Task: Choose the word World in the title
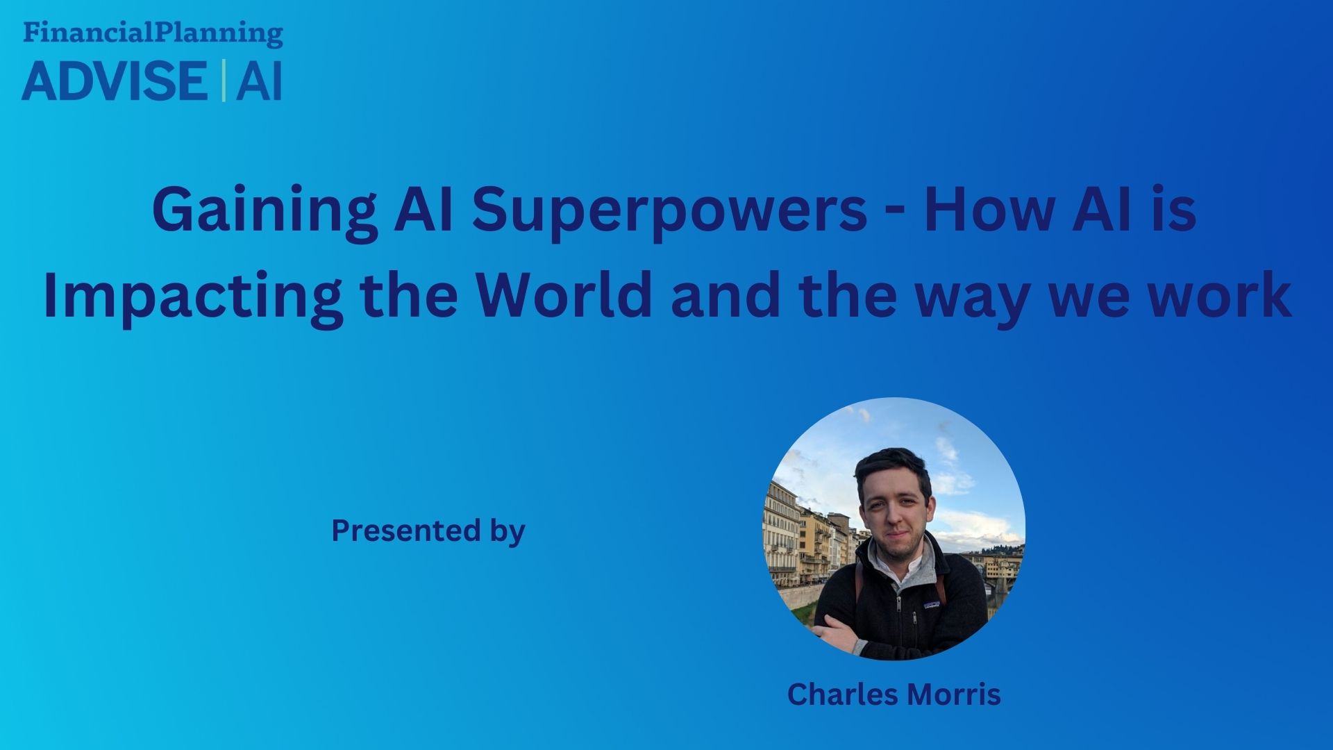[x=564, y=295]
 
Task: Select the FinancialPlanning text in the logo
[x=153, y=33]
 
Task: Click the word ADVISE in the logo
[x=114, y=81]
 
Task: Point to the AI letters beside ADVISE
[x=259, y=81]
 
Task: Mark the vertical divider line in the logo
[x=223, y=81]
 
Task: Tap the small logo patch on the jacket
[x=932, y=606]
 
